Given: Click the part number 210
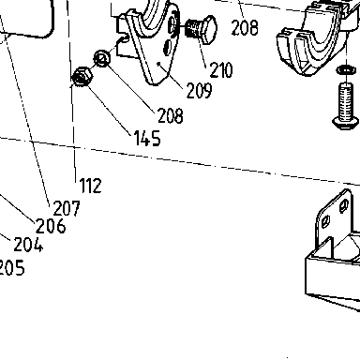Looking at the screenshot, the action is tap(221, 69).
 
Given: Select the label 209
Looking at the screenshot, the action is tap(199, 91).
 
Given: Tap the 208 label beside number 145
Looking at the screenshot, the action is tap(171, 115).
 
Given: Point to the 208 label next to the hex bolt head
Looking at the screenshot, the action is tap(245, 27).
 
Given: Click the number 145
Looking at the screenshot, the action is tap(147, 138).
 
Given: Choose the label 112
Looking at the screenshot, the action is tap(91, 186).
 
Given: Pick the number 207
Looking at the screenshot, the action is tap(67, 208).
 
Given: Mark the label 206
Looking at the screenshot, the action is tap(51, 226).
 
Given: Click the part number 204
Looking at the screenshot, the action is tap(28, 245).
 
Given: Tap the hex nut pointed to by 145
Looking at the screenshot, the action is tap(82, 77).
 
